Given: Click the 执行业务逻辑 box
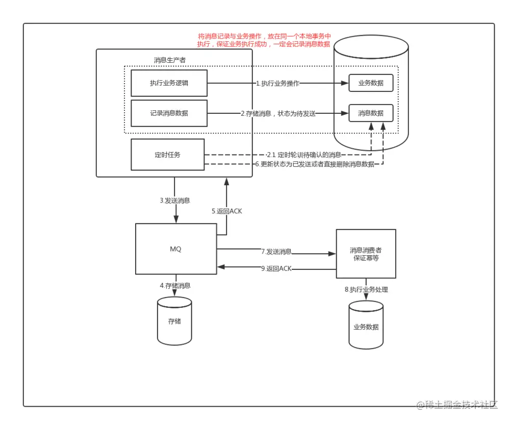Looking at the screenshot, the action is pos(169,83).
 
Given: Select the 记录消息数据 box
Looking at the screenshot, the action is pos(169,113).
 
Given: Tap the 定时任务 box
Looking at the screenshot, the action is pos(167,155).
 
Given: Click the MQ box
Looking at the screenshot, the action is pos(176,249).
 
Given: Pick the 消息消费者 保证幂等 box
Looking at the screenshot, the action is pos(366,254).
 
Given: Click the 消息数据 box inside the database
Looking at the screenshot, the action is pos(371,113).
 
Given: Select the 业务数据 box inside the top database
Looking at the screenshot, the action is pos(371,83).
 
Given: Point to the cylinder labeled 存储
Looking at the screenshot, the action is pos(174,321).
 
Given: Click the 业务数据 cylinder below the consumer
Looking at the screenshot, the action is pos(366,325).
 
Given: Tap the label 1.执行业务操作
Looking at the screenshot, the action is pos(277,83).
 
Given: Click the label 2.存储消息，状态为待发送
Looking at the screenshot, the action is pos(278,114).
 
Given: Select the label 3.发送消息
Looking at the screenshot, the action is pos(174,201).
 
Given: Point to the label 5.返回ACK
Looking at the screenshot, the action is pos(227,211).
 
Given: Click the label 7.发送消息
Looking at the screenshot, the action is pos(276,252).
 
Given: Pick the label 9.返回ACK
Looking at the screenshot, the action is pos(276,268).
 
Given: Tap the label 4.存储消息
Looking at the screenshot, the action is pos(175,286).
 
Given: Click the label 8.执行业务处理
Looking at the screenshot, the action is pos(366,289).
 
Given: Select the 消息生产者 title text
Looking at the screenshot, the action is pos(170,60).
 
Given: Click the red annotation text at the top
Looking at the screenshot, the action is pos(264,40).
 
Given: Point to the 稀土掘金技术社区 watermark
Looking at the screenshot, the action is pos(457,405).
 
